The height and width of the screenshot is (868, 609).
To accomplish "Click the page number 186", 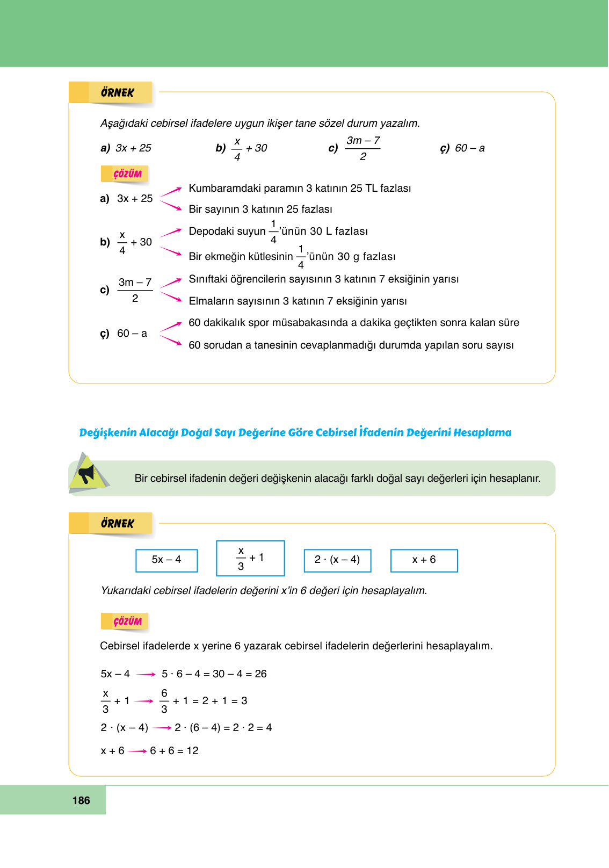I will pos(81,800).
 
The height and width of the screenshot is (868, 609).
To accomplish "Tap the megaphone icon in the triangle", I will pos(86,474).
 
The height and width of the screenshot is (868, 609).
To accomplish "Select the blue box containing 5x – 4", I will pos(166,560).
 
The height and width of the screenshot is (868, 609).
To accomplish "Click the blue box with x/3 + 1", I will pos(250,558).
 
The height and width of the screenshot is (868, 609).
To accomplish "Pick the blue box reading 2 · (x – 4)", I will pos(337,560).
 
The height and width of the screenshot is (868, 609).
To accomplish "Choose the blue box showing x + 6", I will pos(424,560).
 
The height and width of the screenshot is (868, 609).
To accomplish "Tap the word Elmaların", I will pos(211,301).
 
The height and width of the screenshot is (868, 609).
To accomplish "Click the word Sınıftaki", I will pos(208,279).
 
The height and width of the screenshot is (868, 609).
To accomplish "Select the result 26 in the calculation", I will pos(260,674).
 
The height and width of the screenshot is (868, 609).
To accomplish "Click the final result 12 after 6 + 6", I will pos(192,751).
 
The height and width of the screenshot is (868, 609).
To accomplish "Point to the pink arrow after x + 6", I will pos(137,751).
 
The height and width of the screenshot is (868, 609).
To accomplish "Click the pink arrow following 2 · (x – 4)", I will pos(162,728).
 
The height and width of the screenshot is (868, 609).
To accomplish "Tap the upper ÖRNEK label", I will pos(117,93).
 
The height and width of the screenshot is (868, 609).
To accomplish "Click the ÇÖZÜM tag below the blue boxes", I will pos(127,621).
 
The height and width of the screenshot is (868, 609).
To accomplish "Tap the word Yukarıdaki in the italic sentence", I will pos(125,591).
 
